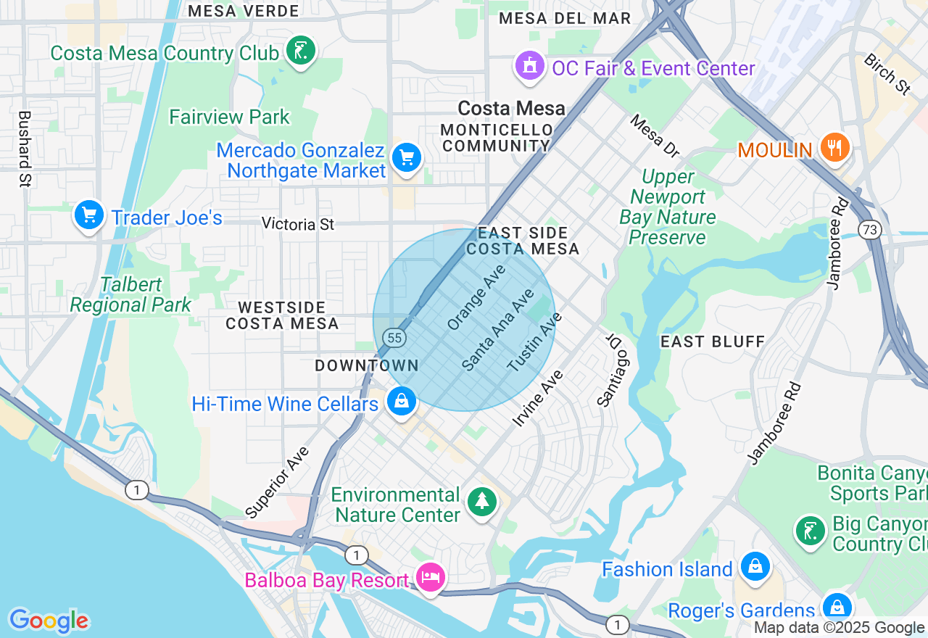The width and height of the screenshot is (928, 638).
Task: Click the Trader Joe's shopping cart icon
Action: pos(89,215)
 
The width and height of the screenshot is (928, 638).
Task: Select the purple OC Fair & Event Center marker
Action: pos(530,66)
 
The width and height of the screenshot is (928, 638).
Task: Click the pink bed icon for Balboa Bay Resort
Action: pos(431,578)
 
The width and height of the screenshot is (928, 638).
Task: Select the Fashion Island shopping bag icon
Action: pos(755,566)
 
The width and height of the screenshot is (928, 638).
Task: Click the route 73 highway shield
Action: pos(869,230)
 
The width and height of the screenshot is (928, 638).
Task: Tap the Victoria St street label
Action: pos(298,224)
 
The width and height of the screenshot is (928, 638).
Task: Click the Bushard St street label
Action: pos(25,149)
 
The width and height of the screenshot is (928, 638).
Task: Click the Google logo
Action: pos(49,621)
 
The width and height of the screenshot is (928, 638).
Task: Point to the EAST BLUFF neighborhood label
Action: pos(713,341)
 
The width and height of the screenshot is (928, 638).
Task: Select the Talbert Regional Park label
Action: pos(130,295)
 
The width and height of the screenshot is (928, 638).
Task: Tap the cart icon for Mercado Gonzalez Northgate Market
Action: pos(407,157)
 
